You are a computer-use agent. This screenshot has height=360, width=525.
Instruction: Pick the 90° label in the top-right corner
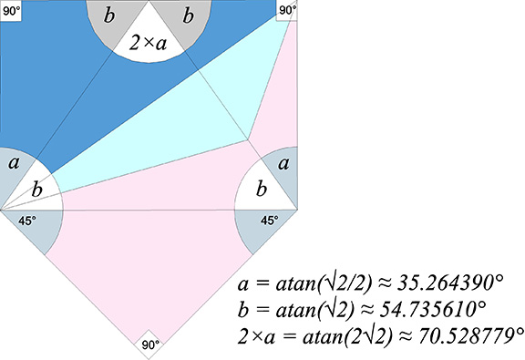coord(286,10)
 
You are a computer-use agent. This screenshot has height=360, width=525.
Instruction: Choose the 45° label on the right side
coord(269,220)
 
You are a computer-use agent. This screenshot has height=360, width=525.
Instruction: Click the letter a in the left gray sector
coord(13,164)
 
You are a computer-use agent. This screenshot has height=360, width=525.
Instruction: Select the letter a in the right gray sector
coord(284,164)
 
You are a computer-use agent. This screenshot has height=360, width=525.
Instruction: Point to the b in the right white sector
coord(262,190)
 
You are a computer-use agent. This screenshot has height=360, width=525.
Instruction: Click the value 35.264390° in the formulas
coord(460,280)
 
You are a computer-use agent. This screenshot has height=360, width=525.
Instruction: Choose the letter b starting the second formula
coord(242,306)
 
